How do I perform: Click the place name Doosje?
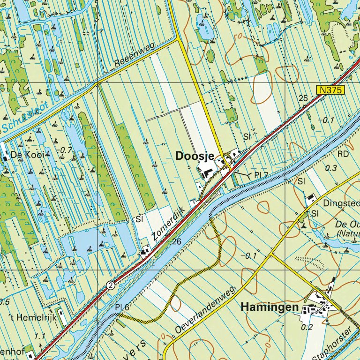(x=195, y=157)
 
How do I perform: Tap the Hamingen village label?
(x=270, y=307)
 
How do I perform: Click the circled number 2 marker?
(x=110, y=285)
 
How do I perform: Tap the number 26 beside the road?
(x=176, y=241)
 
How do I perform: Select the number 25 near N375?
(x=303, y=98)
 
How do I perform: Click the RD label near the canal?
(x=343, y=154)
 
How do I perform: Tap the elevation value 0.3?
(x=331, y=168)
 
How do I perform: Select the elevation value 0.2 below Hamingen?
(x=307, y=327)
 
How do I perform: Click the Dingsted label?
(x=341, y=203)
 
